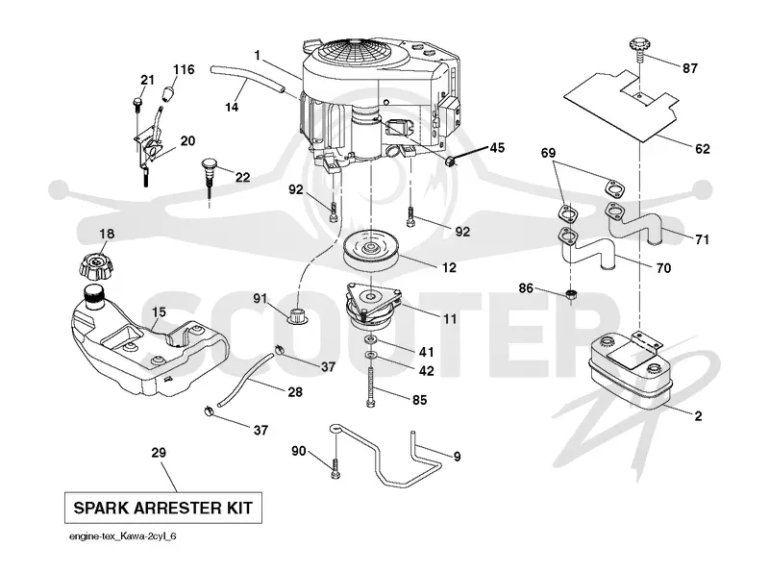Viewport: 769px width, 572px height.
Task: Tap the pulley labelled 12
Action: click(371, 251)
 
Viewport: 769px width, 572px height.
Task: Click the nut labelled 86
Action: click(570, 295)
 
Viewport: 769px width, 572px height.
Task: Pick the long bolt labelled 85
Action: click(371, 386)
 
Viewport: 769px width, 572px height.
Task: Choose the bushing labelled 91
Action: click(298, 315)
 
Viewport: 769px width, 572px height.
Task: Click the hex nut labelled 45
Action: click(450, 160)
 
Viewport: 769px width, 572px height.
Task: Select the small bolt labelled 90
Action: click(335, 468)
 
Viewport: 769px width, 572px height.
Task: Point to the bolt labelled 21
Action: click(136, 109)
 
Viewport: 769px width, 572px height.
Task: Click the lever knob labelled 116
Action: click(168, 92)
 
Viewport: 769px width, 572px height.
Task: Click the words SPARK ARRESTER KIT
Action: click(162, 508)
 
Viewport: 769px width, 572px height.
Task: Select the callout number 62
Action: click(703, 148)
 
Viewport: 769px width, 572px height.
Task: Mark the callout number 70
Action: click(663, 268)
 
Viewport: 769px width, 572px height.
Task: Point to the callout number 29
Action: click(159, 452)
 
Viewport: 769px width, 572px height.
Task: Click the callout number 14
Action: click(232, 107)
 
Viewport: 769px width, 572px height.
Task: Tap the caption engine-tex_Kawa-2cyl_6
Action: click(123, 536)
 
